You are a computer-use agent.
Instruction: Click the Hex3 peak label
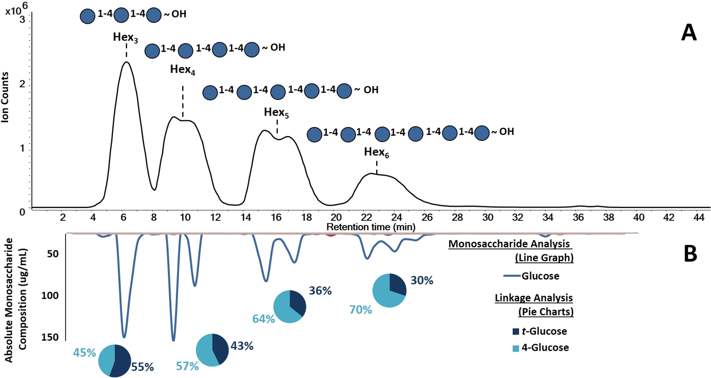click(125, 37)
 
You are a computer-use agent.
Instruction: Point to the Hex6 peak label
click(376, 152)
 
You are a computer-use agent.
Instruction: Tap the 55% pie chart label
click(143, 367)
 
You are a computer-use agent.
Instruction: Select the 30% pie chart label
click(422, 280)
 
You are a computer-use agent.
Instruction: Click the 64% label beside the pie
click(263, 319)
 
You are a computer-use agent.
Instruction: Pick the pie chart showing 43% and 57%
click(212, 350)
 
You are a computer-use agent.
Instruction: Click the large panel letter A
click(689, 33)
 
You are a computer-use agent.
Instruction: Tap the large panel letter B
click(690, 254)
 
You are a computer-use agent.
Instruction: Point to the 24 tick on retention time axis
click(396, 217)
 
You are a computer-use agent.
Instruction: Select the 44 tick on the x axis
click(699, 217)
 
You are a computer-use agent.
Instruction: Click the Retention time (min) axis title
click(371, 227)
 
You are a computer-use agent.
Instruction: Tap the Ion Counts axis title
click(5, 98)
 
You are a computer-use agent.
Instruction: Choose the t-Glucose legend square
click(516, 332)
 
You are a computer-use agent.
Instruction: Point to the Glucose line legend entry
click(532, 276)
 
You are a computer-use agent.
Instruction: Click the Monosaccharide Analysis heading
click(509, 244)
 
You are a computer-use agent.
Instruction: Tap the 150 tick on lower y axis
click(50, 337)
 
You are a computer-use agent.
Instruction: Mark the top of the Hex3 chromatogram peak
click(126, 62)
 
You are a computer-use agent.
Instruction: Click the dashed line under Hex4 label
click(183, 101)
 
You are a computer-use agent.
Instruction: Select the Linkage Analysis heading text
click(534, 298)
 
